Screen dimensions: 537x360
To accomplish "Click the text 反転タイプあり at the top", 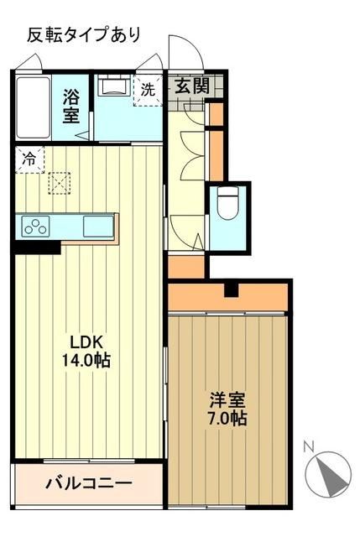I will coord(83,34).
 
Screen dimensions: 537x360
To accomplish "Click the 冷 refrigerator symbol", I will coord(29,157).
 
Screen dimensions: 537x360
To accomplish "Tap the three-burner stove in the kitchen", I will coord(36,226).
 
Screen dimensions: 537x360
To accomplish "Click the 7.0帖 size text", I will coord(227,417).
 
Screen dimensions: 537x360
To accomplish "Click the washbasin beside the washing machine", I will coord(112,87).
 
